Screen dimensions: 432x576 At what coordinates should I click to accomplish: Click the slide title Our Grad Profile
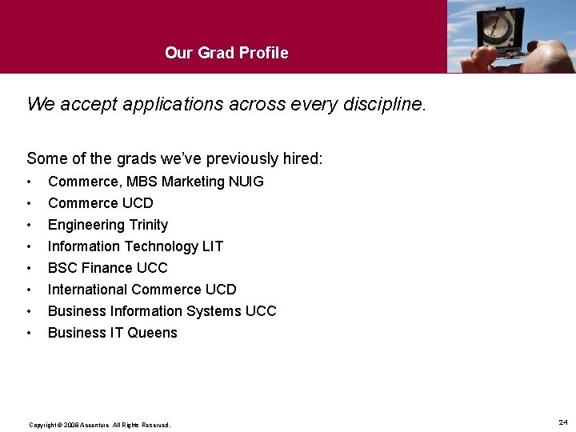point(226,53)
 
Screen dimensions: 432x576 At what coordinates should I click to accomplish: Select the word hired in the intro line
point(301,158)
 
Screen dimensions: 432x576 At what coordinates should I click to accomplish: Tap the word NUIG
point(246,182)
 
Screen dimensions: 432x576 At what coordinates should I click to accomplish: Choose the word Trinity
point(145,225)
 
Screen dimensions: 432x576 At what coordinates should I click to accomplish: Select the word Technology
point(158,246)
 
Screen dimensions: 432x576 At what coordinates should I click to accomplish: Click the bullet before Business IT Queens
point(30,333)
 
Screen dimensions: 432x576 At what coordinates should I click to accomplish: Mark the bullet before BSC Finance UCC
point(30,268)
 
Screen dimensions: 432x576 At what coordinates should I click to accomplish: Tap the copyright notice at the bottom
point(99,425)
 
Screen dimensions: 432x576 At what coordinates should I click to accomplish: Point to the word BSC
point(62,268)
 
